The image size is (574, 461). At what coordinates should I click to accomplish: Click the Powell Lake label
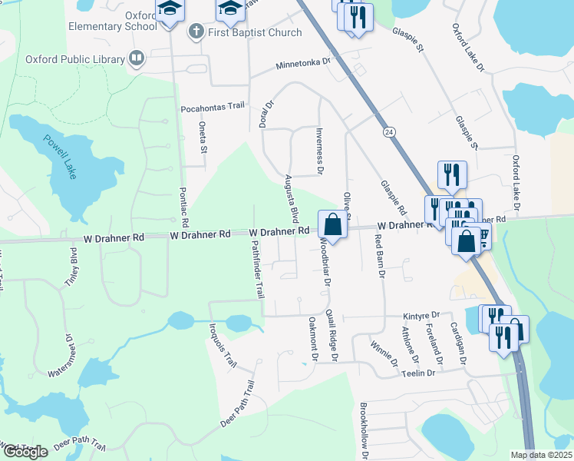60,157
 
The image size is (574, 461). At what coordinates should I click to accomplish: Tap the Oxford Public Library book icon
137,59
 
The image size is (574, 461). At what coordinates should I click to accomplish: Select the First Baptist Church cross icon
196,32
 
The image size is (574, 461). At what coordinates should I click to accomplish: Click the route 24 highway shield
390,132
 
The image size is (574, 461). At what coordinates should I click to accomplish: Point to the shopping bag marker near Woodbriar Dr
332,226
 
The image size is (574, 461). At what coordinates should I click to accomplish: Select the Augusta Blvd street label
291,196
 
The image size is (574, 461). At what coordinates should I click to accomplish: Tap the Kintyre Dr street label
421,316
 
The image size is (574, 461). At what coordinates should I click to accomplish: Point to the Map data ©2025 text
541,455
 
